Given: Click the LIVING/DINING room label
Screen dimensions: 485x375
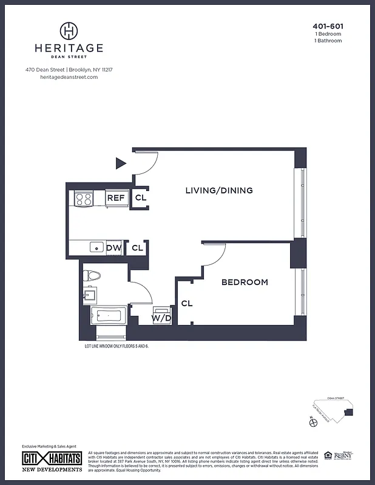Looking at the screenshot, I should tap(218, 190).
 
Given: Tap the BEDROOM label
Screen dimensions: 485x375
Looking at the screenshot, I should tap(244, 282).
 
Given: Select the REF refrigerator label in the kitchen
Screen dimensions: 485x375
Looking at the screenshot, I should tap(115, 198).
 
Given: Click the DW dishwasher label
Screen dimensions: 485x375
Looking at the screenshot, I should tap(113, 247).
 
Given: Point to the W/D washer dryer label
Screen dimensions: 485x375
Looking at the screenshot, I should tap(161, 318).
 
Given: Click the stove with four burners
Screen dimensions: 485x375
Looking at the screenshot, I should tap(83, 198).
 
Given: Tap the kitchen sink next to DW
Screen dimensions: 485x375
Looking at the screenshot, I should tap(96, 247).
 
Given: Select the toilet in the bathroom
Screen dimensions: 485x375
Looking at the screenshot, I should tap(92, 276).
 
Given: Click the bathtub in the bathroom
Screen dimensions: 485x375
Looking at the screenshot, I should tap(107, 315).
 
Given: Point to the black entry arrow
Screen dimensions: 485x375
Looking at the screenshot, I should tap(121, 162).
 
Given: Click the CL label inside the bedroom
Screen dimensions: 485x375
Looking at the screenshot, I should tap(187, 303).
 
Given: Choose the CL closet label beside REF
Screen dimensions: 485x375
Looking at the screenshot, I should tap(140, 198).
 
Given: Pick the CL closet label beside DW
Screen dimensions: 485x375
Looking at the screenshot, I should tap(137, 247).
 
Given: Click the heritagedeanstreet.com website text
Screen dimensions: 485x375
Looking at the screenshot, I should tap(69, 77).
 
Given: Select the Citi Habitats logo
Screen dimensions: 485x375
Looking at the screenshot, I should tap(52, 458).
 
